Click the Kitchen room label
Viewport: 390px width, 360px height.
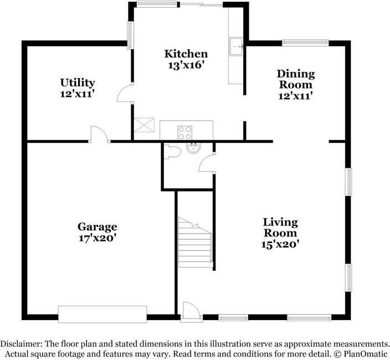click(186, 54)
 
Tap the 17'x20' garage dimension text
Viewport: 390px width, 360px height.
click(97, 238)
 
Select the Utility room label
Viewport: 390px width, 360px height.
click(78, 83)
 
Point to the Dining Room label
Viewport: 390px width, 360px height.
click(295, 79)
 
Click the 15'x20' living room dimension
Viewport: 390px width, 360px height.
click(280, 244)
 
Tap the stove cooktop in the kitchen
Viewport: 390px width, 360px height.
click(185, 133)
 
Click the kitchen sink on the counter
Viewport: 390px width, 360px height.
click(235, 47)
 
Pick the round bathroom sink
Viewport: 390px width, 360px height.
click(194, 147)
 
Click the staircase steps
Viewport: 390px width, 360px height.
click(195, 243)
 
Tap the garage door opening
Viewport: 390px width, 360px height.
click(102, 314)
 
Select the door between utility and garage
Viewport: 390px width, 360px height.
click(100, 134)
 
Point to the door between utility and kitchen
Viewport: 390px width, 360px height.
click(125, 92)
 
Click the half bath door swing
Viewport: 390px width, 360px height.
click(207, 161)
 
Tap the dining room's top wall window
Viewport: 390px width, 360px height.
click(305, 43)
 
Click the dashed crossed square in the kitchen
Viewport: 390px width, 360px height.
click(144, 125)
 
